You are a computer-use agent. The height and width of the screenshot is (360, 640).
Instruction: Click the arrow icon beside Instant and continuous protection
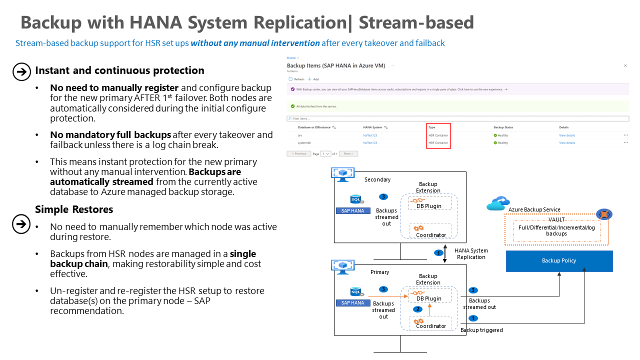(x=21, y=72)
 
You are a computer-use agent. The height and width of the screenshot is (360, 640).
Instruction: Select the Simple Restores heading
(x=74, y=209)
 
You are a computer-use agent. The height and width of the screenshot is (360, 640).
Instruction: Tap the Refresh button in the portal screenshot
(x=296, y=79)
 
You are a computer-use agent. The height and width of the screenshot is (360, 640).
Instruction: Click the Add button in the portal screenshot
(x=313, y=79)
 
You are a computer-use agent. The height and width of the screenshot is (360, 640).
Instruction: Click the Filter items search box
(x=457, y=118)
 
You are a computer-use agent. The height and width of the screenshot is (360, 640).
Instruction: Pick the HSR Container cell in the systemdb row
(x=438, y=143)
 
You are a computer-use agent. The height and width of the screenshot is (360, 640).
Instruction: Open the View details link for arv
(x=567, y=135)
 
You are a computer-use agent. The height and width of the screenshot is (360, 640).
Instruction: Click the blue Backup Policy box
(x=559, y=261)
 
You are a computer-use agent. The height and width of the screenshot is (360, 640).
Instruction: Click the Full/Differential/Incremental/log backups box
(x=556, y=231)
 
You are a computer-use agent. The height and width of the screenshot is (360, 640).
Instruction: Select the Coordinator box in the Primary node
(x=430, y=323)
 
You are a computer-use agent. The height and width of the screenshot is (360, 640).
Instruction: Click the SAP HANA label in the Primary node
(x=352, y=302)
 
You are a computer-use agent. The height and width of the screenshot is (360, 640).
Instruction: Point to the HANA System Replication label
(x=471, y=253)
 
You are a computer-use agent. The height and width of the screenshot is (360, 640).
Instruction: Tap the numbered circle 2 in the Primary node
(x=418, y=309)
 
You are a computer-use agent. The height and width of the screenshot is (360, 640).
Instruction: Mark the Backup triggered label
(x=481, y=330)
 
